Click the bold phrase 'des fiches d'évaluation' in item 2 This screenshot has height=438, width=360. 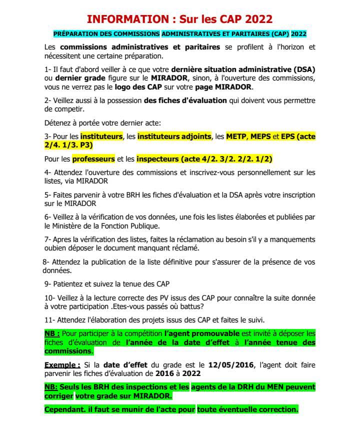point(185,100)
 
